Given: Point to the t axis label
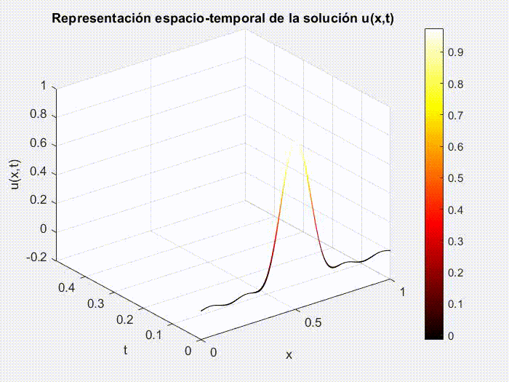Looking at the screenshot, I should pyautogui.click(x=125, y=350).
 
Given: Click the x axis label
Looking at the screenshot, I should pyautogui.click(x=289, y=355).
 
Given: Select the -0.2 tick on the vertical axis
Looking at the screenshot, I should pyautogui.click(x=33, y=258).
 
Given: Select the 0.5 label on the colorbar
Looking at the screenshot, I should pyautogui.click(x=456, y=178).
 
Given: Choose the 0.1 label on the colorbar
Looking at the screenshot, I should pyautogui.click(x=456, y=303).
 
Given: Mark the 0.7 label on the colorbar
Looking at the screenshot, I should pyautogui.click(x=456, y=115).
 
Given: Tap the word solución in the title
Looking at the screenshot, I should pyautogui.click(x=324, y=18).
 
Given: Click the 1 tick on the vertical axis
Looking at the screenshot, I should pyautogui.click(x=44, y=86).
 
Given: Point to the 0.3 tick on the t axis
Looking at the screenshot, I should pyautogui.click(x=95, y=303).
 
